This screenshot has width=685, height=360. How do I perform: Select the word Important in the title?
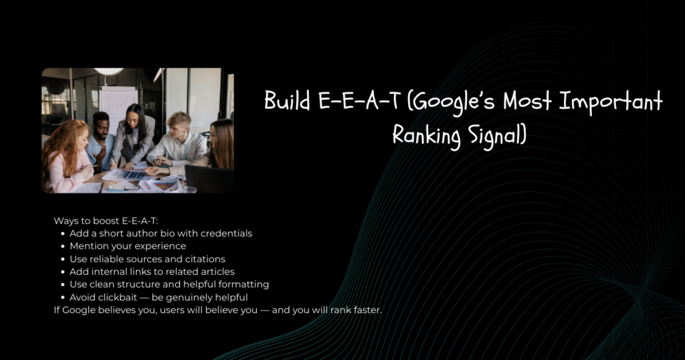(x=611, y=101)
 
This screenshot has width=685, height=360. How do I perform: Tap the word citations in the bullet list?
(x=205, y=259)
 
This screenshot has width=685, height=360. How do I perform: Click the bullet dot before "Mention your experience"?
(x=63, y=247)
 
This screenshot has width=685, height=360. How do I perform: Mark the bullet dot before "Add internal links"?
(x=63, y=272)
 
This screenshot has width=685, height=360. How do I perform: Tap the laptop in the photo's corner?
(x=209, y=179)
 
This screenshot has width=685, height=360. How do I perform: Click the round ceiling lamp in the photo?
(x=109, y=71)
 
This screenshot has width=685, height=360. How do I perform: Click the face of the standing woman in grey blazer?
(x=133, y=118)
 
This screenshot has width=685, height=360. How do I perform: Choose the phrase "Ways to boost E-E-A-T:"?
(x=106, y=221)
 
